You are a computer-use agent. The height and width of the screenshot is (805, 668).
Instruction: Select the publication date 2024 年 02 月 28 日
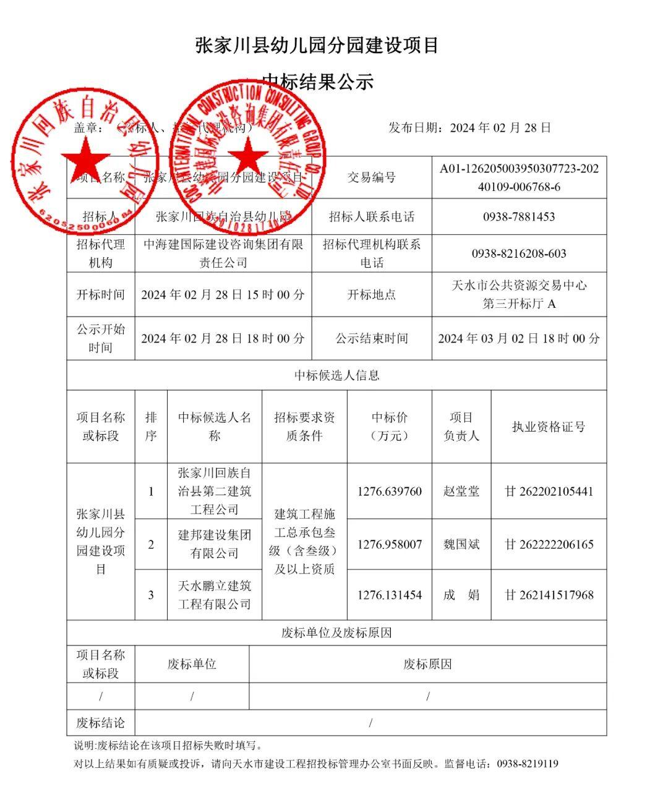pos(500,128)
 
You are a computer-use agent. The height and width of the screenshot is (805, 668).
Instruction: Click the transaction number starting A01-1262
pos(519,177)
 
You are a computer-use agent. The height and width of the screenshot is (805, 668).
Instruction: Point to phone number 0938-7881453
pos(519,217)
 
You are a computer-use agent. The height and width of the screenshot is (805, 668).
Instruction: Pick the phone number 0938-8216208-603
pos(519,253)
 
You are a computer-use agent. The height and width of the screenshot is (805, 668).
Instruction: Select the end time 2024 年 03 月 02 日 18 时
pos(519,338)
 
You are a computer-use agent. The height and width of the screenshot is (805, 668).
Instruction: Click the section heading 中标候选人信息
pos(336,375)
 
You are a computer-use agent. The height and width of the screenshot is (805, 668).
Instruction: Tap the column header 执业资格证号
pos(549,427)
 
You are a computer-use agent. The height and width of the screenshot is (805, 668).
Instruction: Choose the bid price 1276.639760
pos(390,492)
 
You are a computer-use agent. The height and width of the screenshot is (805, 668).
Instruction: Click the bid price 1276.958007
pos(390,545)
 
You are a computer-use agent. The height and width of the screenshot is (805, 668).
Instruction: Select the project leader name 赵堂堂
pos(461,492)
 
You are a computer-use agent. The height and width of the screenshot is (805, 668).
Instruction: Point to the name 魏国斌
pos(461,545)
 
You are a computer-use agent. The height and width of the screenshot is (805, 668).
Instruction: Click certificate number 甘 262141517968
pos(549,595)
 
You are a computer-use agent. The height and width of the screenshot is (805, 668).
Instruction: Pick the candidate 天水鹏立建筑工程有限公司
pos(214,595)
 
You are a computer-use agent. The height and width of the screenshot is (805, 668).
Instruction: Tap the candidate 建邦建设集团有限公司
pos(214,544)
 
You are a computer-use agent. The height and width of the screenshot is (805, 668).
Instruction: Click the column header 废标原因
pos(427,665)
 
